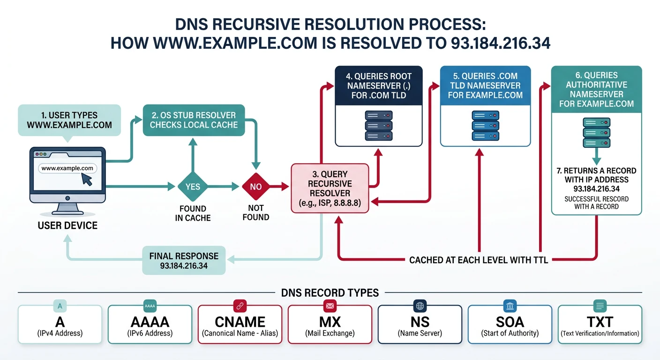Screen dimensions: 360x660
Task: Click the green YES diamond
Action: pyautogui.click(x=193, y=187)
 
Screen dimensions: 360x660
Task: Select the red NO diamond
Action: pyautogui.click(x=256, y=187)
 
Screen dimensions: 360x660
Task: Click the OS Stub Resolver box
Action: pyautogui.click(x=194, y=120)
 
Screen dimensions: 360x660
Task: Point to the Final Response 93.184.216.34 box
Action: pyautogui.click(x=184, y=261)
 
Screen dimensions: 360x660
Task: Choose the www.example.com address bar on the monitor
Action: pyautogui.click(x=67, y=168)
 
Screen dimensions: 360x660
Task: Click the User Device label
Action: pyautogui.click(x=67, y=225)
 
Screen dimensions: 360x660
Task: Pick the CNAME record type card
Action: pyautogui.click(x=240, y=324)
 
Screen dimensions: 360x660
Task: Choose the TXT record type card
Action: pyautogui.click(x=600, y=324)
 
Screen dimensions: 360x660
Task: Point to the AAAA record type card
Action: pyautogui.click(x=150, y=324)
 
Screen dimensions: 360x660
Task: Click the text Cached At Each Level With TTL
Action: pyautogui.click(x=479, y=260)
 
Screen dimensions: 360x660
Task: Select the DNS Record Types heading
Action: pyautogui.click(x=330, y=293)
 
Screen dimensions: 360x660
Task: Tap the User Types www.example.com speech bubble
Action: pyautogui.click(x=69, y=120)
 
